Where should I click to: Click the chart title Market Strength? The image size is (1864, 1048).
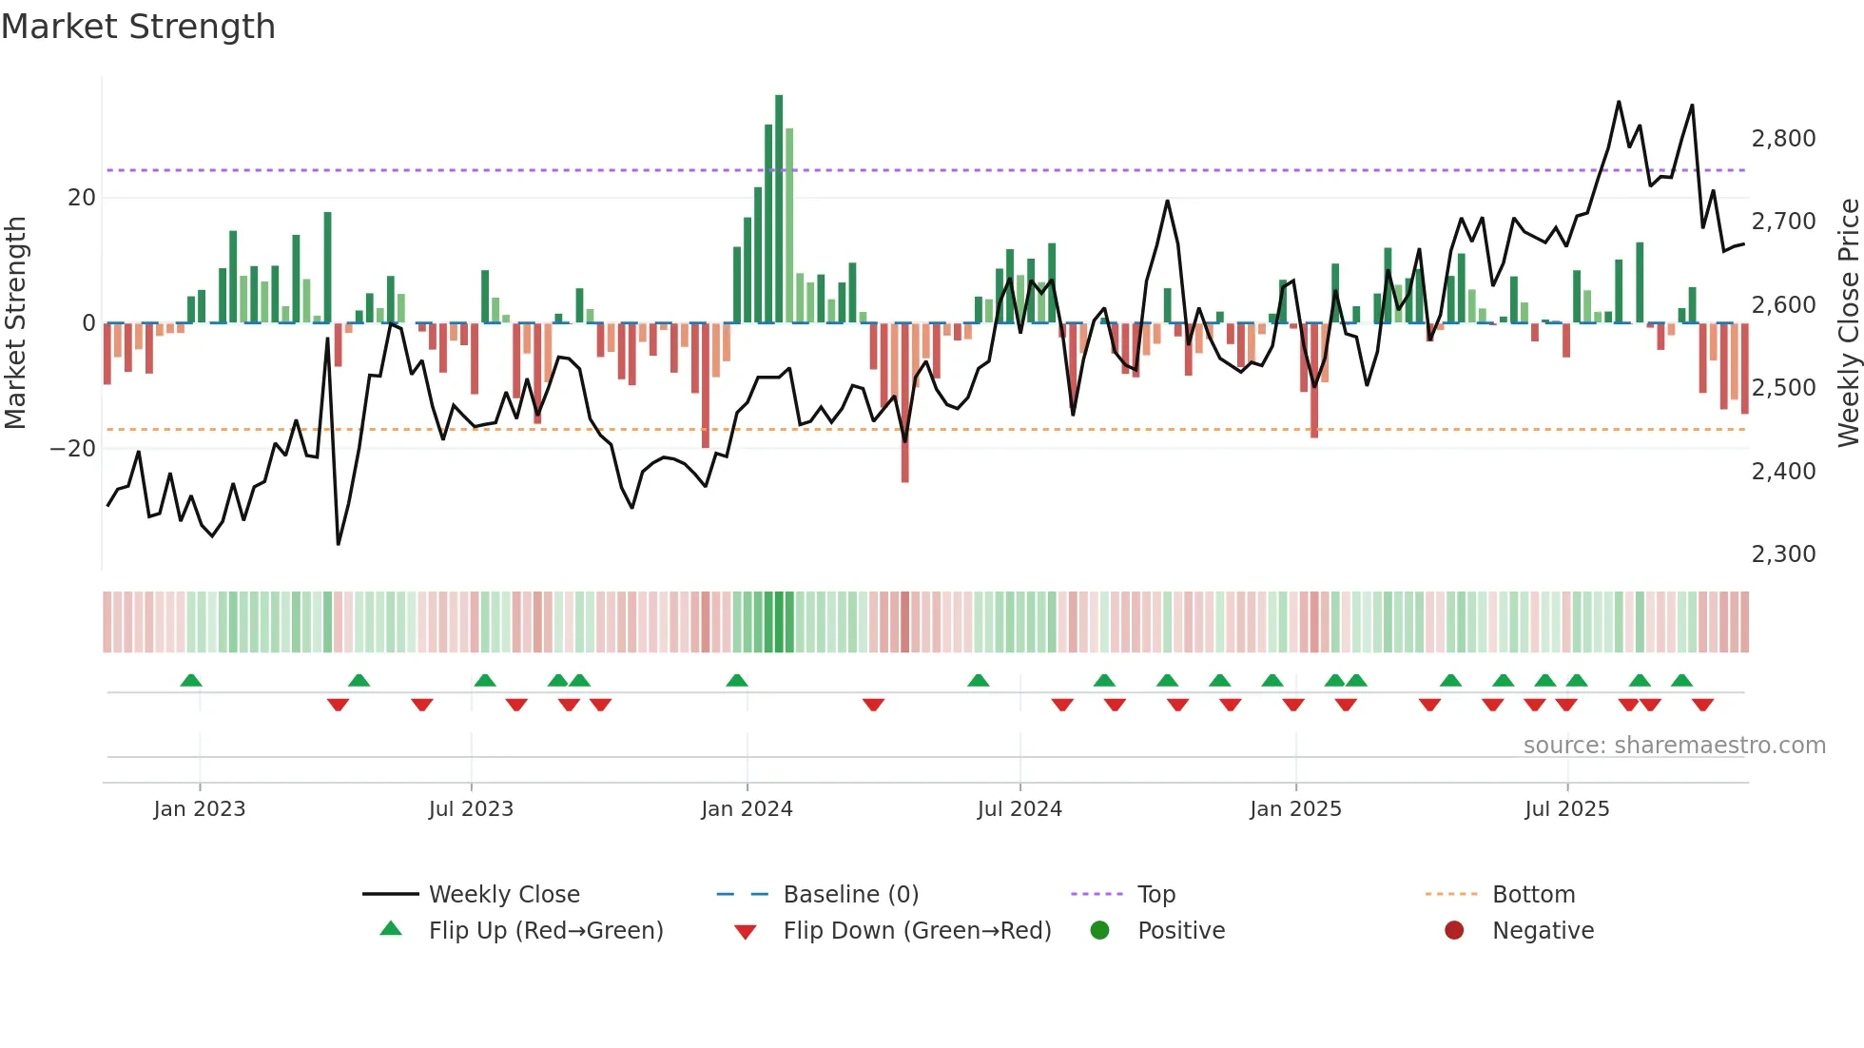pyautogui.click(x=138, y=27)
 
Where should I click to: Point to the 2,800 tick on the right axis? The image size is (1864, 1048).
pyautogui.click(x=1783, y=139)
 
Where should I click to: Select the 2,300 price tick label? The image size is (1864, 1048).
pyautogui.click(x=1783, y=554)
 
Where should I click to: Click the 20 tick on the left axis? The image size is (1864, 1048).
pyautogui.click(x=82, y=198)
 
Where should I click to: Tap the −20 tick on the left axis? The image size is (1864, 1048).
pyautogui.click(x=73, y=449)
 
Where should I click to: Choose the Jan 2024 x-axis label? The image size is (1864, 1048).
pyautogui.click(x=747, y=809)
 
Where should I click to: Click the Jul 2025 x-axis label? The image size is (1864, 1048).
pyautogui.click(x=1566, y=809)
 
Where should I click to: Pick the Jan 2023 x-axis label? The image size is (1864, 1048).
pyautogui.click(x=200, y=809)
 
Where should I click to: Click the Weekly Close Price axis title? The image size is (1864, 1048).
pyautogui.click(x=1848, y=322)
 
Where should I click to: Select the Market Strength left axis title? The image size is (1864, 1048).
pyautogui.click(x=16, y=322)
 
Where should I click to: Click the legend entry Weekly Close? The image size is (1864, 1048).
pyautogui.click(x=504, y=895)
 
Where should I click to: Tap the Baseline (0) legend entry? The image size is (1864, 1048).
pyautogui.click(x=850, y=895)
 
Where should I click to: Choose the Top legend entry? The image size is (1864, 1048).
pyautogui.click(x=1156, y=895)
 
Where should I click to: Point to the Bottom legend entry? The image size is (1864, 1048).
pyautogui.click(x=1533, y=895)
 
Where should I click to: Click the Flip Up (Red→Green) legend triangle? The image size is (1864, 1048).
pyautogui.click(x=391, y=929)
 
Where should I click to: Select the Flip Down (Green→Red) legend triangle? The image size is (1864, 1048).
pyautogui.click(x=746, y=932)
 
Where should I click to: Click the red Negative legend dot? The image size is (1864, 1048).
pyautogui.click(x=1454, y=930)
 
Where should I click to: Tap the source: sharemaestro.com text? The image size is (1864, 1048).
pyautogui.click(x=1674, y=746)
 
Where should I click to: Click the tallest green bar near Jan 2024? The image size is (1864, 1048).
pyautogui.click(x=779, y=209)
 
